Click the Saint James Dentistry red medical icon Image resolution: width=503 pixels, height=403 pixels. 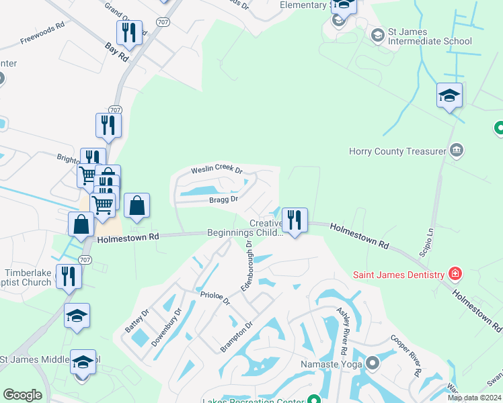[x=455, y=274]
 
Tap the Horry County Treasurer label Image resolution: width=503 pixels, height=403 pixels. [x=397, y=151]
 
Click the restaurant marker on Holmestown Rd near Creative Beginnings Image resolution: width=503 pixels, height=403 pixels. [x=294, y=220]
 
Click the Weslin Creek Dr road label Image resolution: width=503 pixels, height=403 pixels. [x=217, y=169]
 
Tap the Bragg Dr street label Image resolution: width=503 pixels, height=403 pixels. [x=224, y=199]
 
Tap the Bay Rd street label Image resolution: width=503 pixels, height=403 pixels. [x=116, y=52]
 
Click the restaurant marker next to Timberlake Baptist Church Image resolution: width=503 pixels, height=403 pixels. [x=69, y=276]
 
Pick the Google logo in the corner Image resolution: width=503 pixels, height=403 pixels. [x=23, y=394]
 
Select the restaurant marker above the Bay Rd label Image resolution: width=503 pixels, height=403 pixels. [x=128, y=32]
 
